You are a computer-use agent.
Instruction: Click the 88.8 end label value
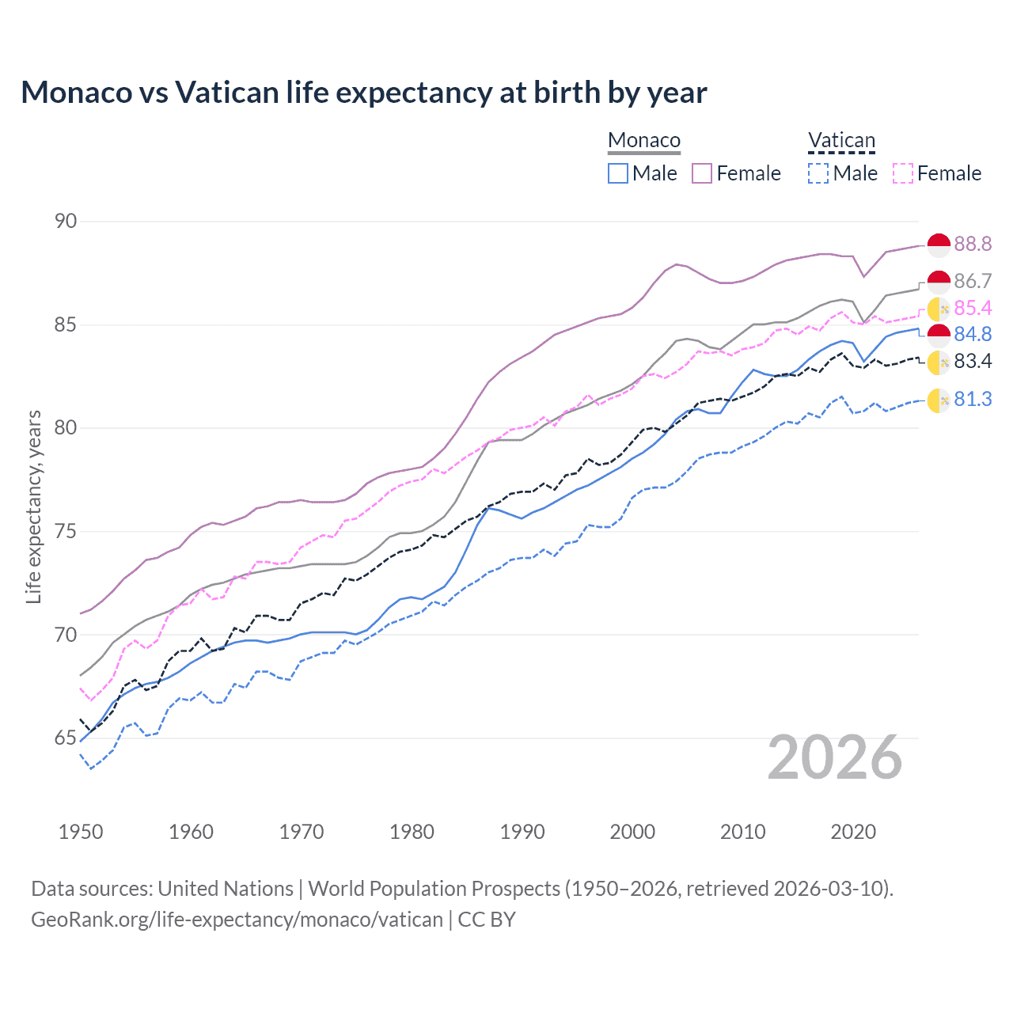click(973, 245)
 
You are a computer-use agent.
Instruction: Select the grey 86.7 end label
click(973, 282)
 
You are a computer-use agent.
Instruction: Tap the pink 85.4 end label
click(973, 308)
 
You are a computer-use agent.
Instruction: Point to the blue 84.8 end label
click(973, 335)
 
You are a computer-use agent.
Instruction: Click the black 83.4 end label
click(973, 362)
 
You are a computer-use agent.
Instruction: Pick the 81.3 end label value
click(973, 400)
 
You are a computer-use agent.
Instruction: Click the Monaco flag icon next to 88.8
click(939, 245)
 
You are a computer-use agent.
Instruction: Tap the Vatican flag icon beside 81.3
click(939, 400)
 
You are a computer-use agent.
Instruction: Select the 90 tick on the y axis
click(66, 222)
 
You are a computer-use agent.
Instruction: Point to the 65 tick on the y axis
click(66, 738)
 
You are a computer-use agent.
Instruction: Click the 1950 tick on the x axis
click(81, 832)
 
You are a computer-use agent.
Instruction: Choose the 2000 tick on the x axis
click(632, 832)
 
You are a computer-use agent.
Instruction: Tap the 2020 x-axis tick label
click(853, 832)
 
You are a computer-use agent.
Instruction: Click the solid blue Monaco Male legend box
click(618, 173)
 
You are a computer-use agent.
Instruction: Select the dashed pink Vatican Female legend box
click(903, 173)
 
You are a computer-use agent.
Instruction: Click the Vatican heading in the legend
click(841, 141)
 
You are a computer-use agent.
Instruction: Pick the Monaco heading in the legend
click(644, 141)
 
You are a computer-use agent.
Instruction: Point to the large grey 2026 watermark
click(835, 758)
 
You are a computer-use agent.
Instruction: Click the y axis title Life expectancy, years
click(34, 506)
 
